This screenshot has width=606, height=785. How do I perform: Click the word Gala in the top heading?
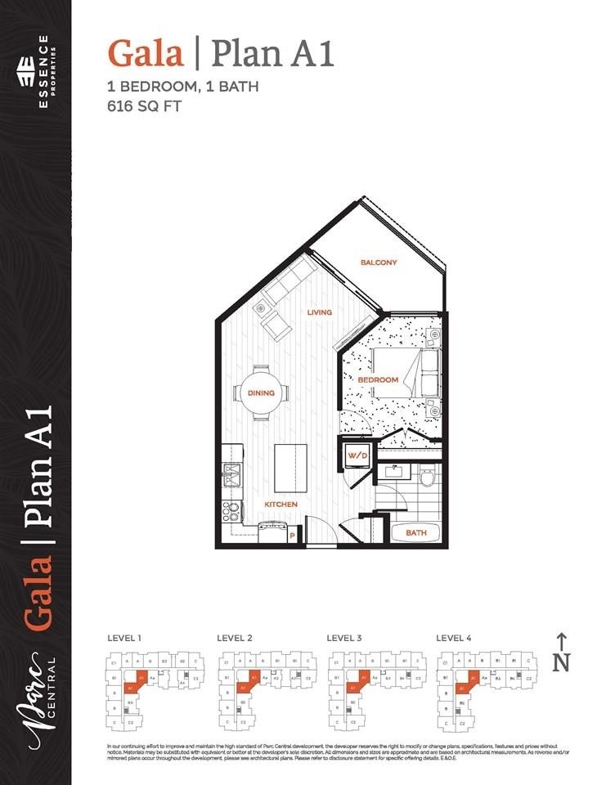click(x=146, y=54)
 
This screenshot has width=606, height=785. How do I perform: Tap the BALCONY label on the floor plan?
click(x=379, y=262)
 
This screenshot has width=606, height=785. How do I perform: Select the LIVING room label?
click(x=319, y=312)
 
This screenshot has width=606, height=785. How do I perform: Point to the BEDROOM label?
click(x=378, y=380)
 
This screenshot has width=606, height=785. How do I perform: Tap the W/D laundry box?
click(x=356, y=455)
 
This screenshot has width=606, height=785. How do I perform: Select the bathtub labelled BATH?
click(x=416, y=532)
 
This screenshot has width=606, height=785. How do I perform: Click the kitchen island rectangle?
click(x=290, y=467)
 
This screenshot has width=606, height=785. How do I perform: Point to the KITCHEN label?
click(x=281, y=505)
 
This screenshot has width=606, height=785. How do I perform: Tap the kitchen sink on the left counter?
click(x=230, y=475)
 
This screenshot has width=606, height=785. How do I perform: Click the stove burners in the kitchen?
click(x=232, y=511)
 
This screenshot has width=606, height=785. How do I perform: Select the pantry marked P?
click(x=292, y=536)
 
